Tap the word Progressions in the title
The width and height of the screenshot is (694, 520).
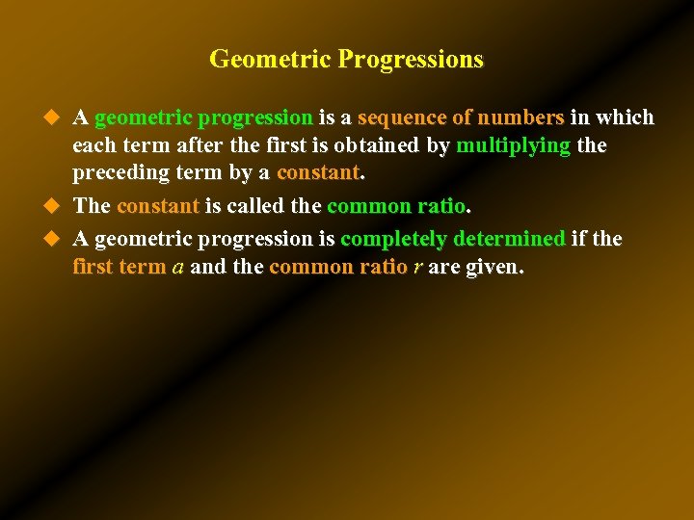[411, 60]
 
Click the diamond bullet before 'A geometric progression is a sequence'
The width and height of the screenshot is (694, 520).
[54, 117]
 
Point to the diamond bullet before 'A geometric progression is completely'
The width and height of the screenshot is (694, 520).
[54, 238]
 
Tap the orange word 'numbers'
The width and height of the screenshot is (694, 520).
[521, 118]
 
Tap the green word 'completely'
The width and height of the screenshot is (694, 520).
[393, 238]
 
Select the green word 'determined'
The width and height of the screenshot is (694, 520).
[509, 238]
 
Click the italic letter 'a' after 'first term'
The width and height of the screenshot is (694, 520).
[178, 268]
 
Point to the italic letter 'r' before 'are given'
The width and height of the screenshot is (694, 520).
[417, 268]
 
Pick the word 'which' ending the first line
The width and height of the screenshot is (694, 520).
[626, 118]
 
